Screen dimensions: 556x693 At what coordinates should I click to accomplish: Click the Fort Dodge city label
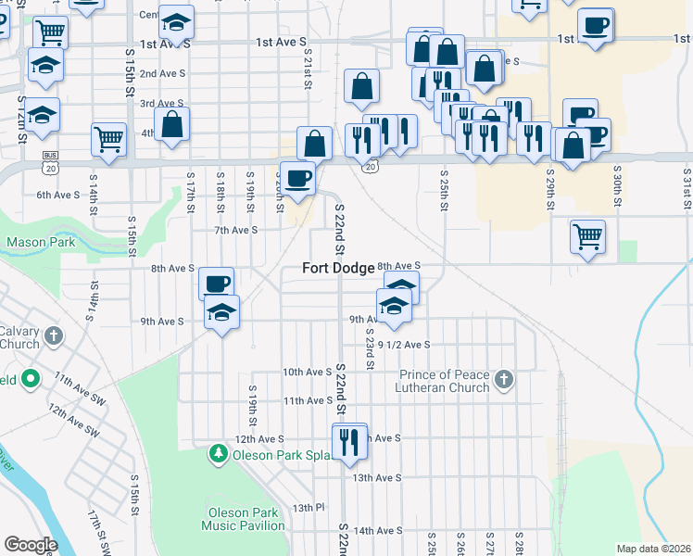pyautogui.click(x=338, y=268)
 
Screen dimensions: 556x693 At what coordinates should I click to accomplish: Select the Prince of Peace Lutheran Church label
pyautogui.click(x=444, y=381)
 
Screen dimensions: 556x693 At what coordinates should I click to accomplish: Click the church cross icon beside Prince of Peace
pyautogui.click(x=503, y=379)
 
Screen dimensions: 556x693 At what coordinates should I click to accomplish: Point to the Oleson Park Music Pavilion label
pyautogui.click(x=246, y=519)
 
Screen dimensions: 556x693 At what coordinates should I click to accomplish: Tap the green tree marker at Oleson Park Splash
pyautogui.click(x=219, y=454)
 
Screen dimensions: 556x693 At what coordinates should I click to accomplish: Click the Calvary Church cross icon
pyautogui.click(x=54, y=335)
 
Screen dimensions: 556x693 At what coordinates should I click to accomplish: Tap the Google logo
pyautogui.click(x=31, y=545)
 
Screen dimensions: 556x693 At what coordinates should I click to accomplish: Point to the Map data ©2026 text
pyautogui.click(x=652, y=549)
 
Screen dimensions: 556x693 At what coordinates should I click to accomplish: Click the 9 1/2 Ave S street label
pyautogui.click(x=404, y=345)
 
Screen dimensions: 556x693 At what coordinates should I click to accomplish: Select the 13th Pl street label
pyautogui.click(x=309, y=508)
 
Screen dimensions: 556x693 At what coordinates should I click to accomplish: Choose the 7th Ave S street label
pyautogui.click(x=235, y=230)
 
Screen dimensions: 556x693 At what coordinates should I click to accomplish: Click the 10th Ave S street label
pyautogui.click(x=307, y=372)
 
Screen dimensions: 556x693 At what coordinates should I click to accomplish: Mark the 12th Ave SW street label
pyautogui.click(x=74, y=420)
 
